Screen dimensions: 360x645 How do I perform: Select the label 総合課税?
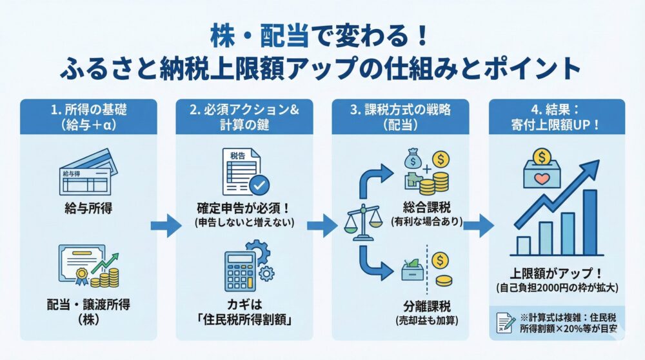tap(423, 209)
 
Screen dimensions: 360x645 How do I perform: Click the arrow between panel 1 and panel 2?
tap(165, 225)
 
